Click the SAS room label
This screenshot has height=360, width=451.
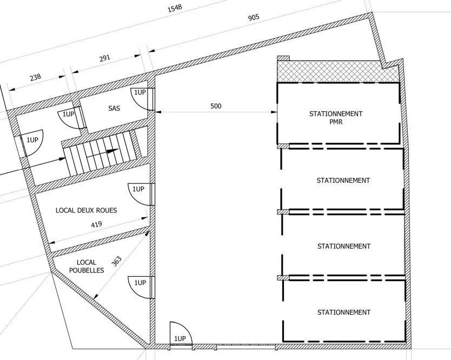114,109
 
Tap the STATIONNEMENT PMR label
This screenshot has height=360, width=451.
336,118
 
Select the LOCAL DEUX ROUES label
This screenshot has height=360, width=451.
87,210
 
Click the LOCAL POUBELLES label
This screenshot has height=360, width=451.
87,266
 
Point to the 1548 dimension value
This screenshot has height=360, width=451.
175,8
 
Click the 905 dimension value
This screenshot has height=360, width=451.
254,18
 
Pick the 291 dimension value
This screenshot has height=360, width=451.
105,58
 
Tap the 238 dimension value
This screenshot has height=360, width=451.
35,77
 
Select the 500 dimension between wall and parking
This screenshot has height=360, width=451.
216,106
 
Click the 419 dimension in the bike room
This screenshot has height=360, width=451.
96,224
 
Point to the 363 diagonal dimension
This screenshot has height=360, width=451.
116,262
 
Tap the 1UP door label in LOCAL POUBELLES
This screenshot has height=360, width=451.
140,283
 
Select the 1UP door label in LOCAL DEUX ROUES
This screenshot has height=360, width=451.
138,189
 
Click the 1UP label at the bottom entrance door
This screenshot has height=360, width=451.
180,338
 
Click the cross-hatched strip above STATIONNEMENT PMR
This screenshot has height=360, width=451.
337,71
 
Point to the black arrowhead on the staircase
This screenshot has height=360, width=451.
112,151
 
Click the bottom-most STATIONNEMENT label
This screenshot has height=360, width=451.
344,312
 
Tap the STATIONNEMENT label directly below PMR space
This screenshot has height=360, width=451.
343,181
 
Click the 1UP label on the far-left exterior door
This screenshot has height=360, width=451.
32,140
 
